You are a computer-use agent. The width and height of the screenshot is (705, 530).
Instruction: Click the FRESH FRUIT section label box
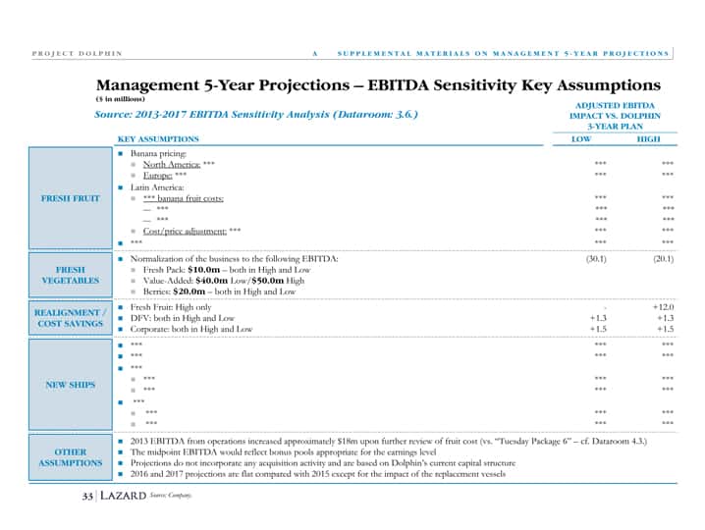71,198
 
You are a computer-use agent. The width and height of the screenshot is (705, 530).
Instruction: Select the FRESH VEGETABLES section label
71,275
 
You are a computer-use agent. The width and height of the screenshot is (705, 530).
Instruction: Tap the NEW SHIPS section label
71,385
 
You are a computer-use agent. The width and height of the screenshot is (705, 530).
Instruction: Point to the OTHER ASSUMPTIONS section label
71,457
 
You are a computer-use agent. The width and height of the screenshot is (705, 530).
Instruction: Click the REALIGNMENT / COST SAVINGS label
71,318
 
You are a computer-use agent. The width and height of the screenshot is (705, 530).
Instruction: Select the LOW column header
581,139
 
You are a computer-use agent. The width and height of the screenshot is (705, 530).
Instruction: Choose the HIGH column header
648,139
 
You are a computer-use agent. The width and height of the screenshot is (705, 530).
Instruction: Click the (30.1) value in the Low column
596,259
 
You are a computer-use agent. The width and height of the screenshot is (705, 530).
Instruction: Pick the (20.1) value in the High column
663,259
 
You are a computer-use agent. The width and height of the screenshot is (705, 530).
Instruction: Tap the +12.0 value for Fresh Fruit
663,307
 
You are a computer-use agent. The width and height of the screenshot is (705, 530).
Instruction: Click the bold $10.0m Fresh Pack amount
203,270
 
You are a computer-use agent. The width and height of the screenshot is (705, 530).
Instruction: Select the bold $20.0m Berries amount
189,291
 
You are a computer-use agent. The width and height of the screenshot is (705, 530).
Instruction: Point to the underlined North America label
172,165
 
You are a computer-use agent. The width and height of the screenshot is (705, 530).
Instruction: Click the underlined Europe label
158,176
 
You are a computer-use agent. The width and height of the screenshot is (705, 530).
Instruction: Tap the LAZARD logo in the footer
123,496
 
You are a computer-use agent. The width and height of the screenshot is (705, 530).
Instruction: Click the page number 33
87,496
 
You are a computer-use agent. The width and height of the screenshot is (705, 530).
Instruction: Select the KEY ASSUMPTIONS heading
158,139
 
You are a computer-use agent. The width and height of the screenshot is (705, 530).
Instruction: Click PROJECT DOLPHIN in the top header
77,54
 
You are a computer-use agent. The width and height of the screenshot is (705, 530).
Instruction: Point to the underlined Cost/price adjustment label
185,231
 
